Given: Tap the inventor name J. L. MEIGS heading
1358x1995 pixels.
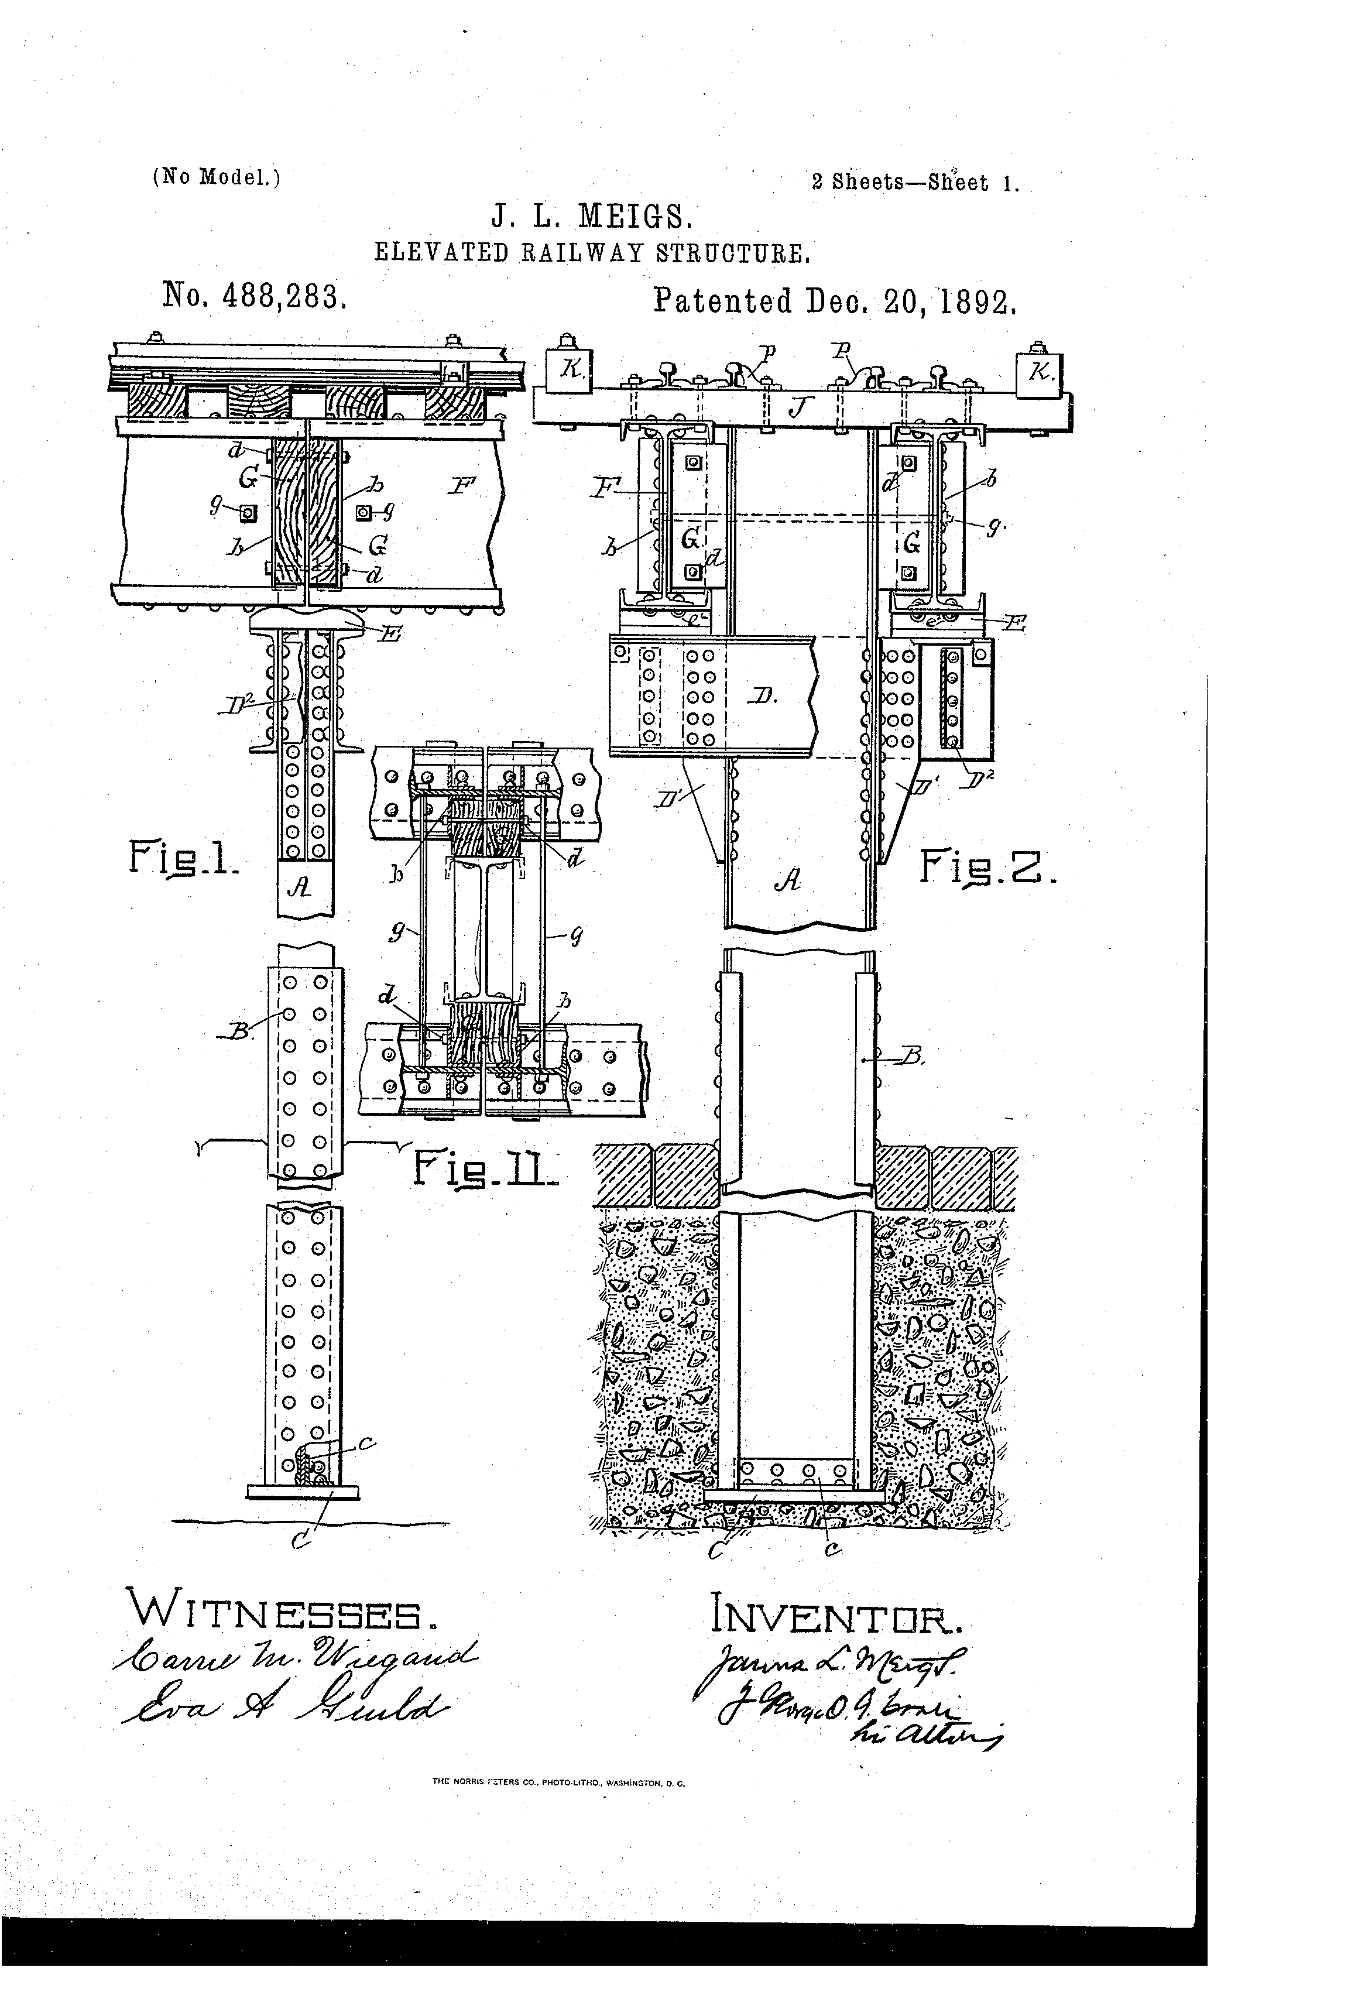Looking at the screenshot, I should [591, 215].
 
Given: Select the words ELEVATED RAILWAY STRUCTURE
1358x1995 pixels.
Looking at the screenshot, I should [592, 253].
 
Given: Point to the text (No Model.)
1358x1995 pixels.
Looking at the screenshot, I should [217, 177].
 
